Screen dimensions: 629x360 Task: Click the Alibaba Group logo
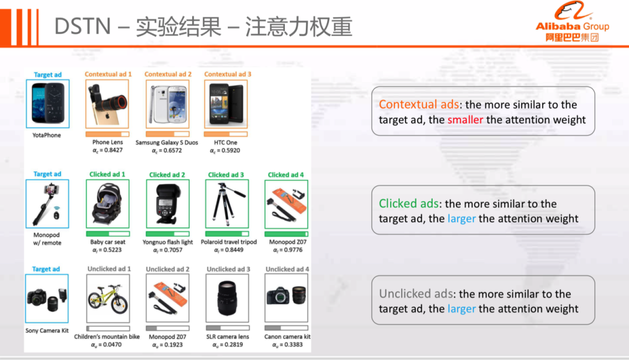coord(573,22)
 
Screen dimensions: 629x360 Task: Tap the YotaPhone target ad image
coord(48,104)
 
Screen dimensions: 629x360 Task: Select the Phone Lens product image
coord(107,104)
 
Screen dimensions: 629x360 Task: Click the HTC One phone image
coord(226,104)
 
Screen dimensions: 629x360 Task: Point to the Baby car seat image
coord(108,204)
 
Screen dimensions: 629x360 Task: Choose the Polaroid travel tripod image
coord(227,204)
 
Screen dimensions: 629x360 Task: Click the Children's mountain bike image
coord(108,298)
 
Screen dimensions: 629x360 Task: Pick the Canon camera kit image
coord(287,298)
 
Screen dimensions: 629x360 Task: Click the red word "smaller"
coord(465,119)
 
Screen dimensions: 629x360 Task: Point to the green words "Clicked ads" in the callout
coord(409,203)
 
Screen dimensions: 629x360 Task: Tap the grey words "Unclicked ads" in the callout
coord(416,294)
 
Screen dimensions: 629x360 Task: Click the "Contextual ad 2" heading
coord(168,74)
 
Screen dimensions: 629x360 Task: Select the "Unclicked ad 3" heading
coord(228,269)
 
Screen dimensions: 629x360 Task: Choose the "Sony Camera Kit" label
coord(47,331)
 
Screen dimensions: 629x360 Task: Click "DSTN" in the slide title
coord(83,26)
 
